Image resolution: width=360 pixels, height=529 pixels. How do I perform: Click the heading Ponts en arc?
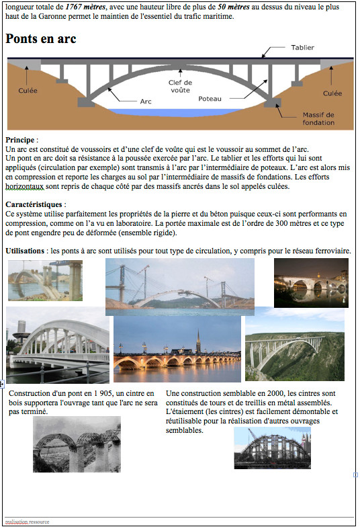41,39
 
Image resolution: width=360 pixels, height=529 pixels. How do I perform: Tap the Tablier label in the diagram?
302,48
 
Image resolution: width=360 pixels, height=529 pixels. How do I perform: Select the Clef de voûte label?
180,85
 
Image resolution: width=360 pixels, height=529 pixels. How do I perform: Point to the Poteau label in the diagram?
210,99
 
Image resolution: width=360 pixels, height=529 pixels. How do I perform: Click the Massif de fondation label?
318,118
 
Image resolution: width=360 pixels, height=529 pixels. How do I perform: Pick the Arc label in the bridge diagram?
146,101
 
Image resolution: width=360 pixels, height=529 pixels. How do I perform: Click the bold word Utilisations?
25,251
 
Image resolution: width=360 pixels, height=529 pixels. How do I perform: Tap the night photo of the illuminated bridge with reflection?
311,282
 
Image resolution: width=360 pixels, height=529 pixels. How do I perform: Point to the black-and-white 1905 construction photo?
77,444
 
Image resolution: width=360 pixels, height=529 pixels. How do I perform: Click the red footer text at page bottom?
27,522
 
